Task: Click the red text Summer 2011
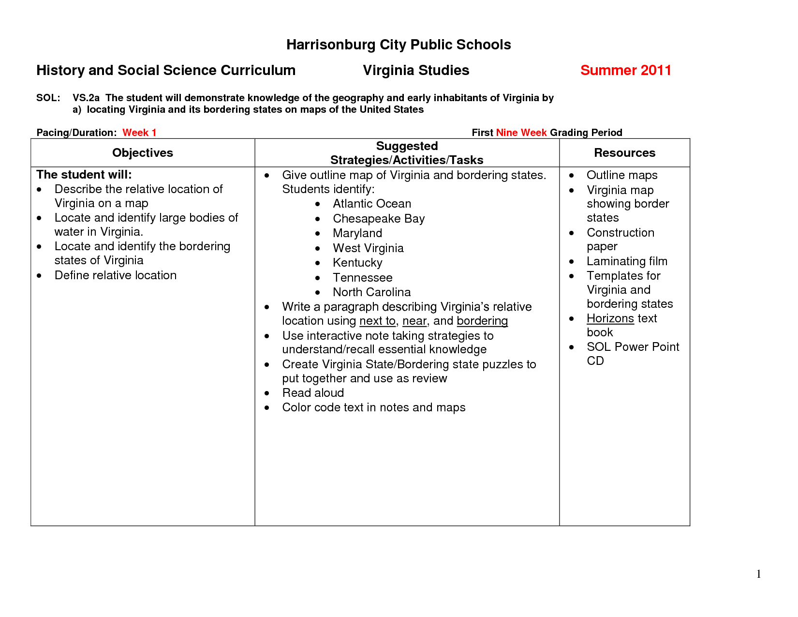click(x=625, y=71)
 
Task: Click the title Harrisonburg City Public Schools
click(x=399, y=45)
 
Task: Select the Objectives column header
click(x=143, y=153)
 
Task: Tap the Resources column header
click(x=624, y=153)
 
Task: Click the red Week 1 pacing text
click(x=139, y=133)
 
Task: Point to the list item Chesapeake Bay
click(x=379, y=219)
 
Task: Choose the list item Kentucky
click(x=357, y=263)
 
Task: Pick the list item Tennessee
click(x=362, y=278)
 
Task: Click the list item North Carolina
click(x=371, y=292)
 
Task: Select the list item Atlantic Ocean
click(x=372, y=204)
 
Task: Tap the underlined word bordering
click(x=482, y=321)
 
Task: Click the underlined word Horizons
click(x=610, y=318)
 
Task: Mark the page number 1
click(x=759, y=574)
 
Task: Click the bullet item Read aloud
click(x=313, y=393)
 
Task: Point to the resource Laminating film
click(x=627, y=261)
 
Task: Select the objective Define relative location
click(x=115, y=275)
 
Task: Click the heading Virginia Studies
click(x=416, y=71)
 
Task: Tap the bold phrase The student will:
click(x=84, y=175)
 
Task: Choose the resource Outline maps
click(x=622, y=175)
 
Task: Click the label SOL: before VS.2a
click(x=48, y=98)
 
